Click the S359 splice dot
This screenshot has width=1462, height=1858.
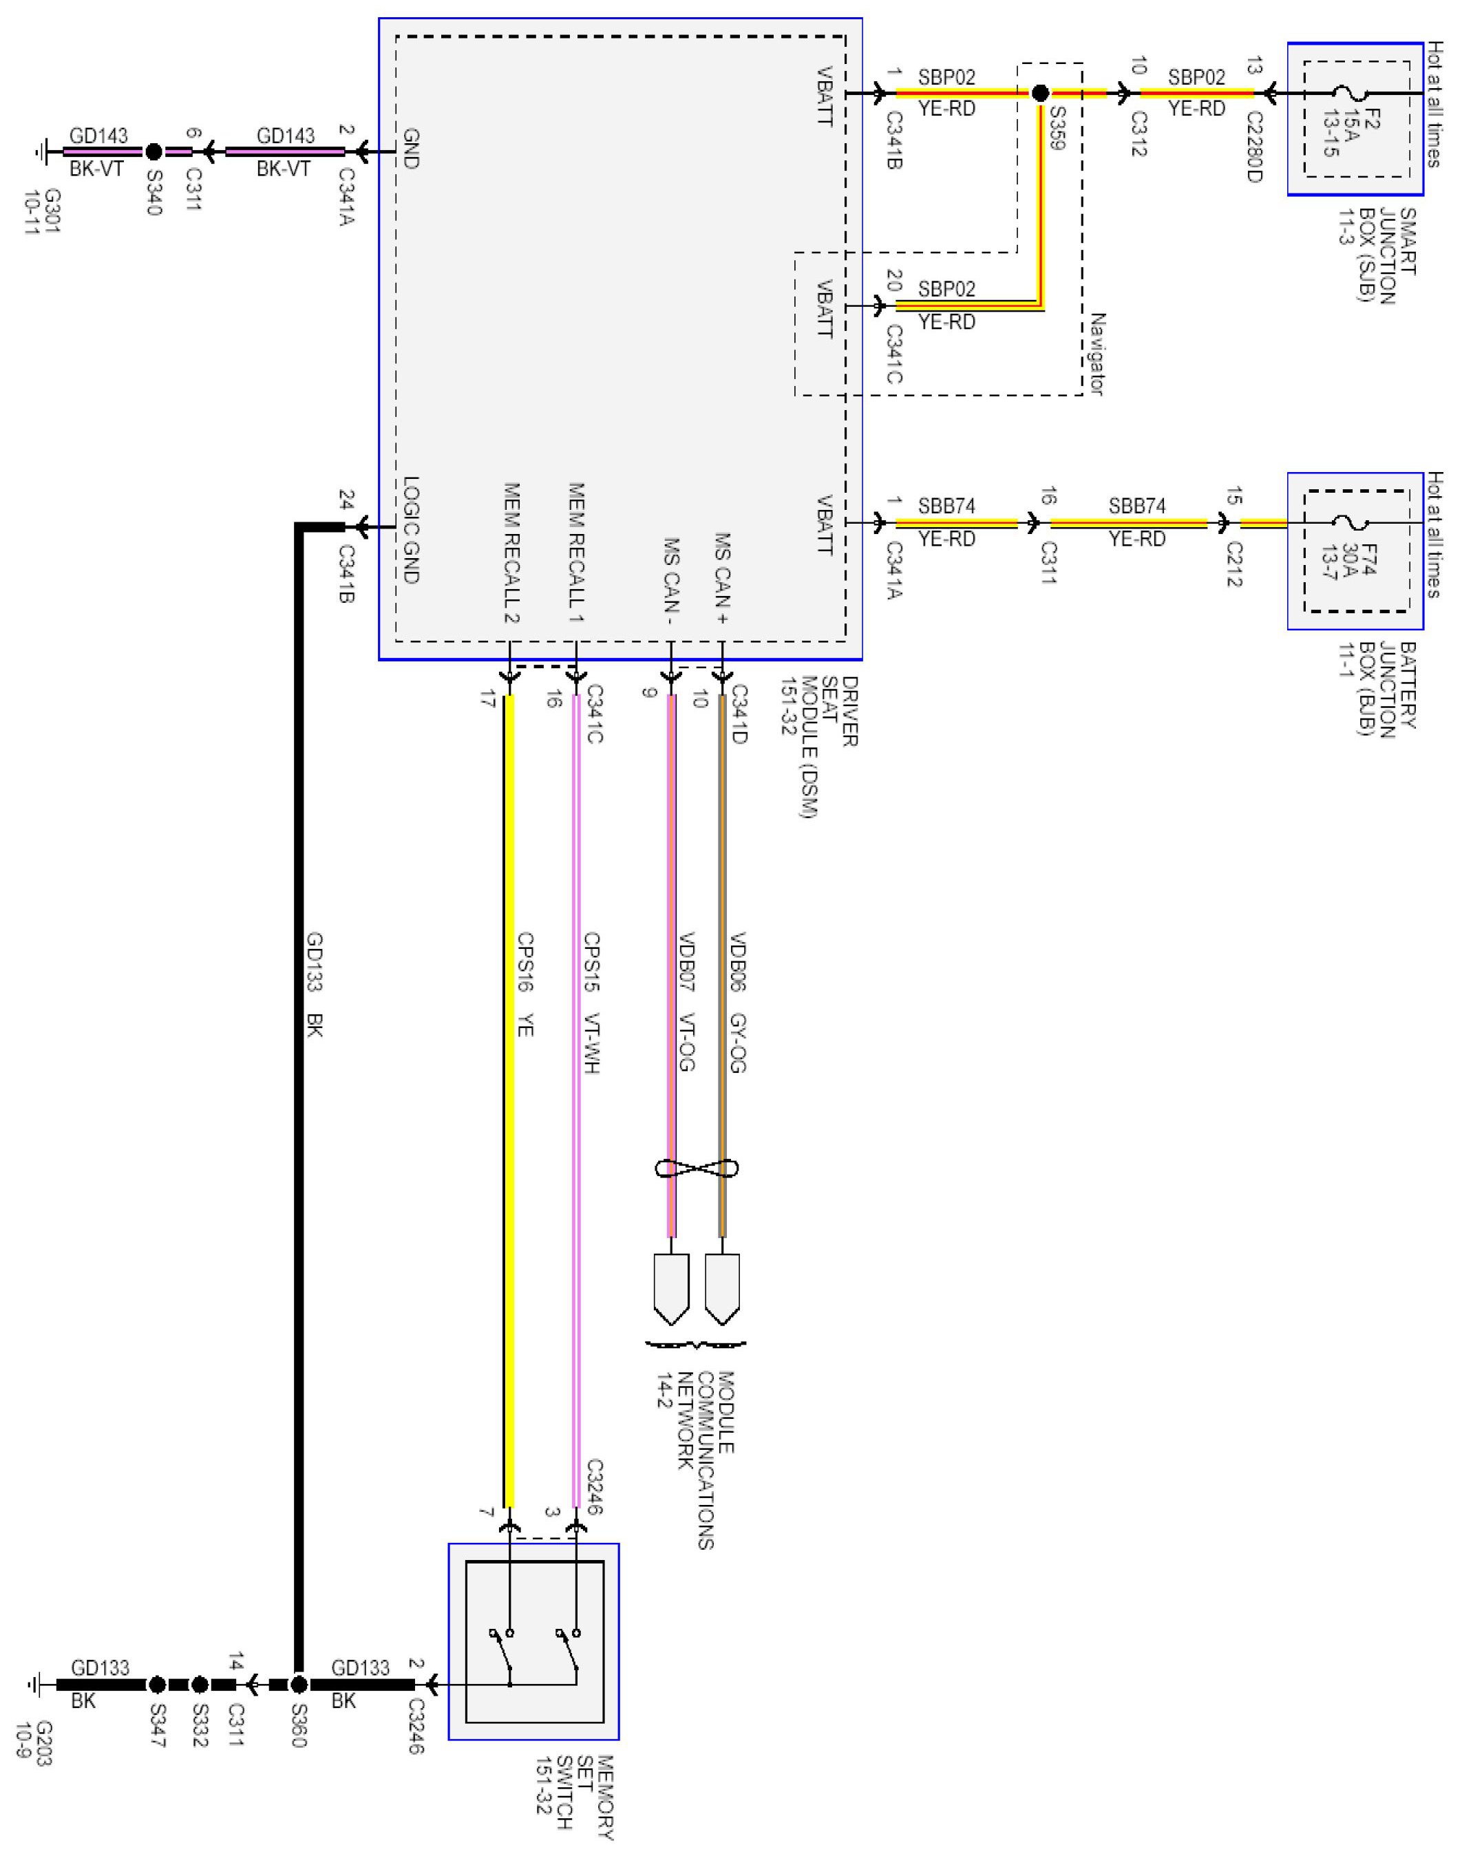[1040, 94]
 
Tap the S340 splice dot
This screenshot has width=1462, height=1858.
[153, 152]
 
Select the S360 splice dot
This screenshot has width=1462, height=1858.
[298, 1685]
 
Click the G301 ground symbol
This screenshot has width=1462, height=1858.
[39, 152]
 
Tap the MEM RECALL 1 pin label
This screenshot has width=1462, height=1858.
[576, 552]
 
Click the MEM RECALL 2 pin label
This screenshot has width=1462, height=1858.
[511, 552]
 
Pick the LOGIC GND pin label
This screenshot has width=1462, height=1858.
[410, 531]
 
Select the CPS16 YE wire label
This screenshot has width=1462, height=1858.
[525, 984]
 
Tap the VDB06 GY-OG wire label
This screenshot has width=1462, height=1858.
[738, 1001]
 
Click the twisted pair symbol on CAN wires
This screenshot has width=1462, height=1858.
[696, 1167]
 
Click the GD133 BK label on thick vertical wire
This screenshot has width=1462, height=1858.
[313, 984]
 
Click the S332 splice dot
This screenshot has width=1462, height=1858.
[200, 1685]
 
